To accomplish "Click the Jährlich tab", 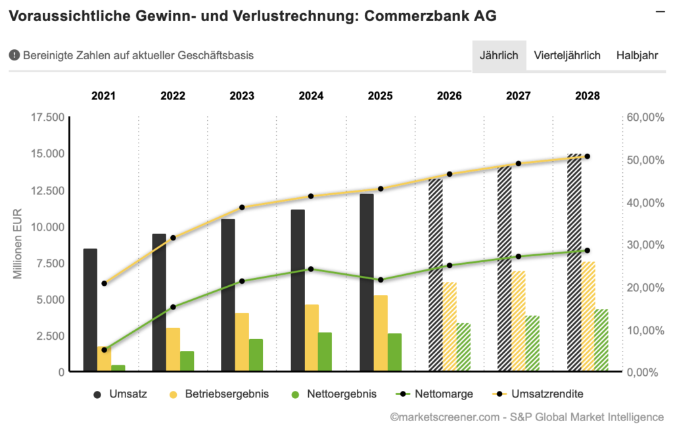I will click(499, 55).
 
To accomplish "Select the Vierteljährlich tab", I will click(567, 55).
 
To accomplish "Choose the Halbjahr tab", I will click(637, 55).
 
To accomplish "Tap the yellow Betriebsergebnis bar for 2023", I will click(242, 342).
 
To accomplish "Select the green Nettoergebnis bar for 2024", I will click(325, 352).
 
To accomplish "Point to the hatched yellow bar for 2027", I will click(519, 321).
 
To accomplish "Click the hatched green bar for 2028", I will click(601, 340).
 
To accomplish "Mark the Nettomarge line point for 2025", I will click(380, 280).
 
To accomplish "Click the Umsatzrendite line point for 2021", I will click(104, 283).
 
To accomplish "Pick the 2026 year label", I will click(449, 96).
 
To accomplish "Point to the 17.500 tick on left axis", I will click(48, 118).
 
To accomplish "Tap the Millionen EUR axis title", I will click(19, 244).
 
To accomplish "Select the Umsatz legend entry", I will click(121, 394).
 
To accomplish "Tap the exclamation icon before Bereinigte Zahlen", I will click(14, 56).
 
